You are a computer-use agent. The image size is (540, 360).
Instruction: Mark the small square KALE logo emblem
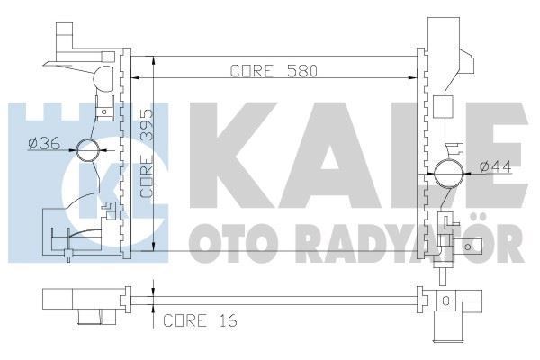pyautogui.click(x=115, y=167)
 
